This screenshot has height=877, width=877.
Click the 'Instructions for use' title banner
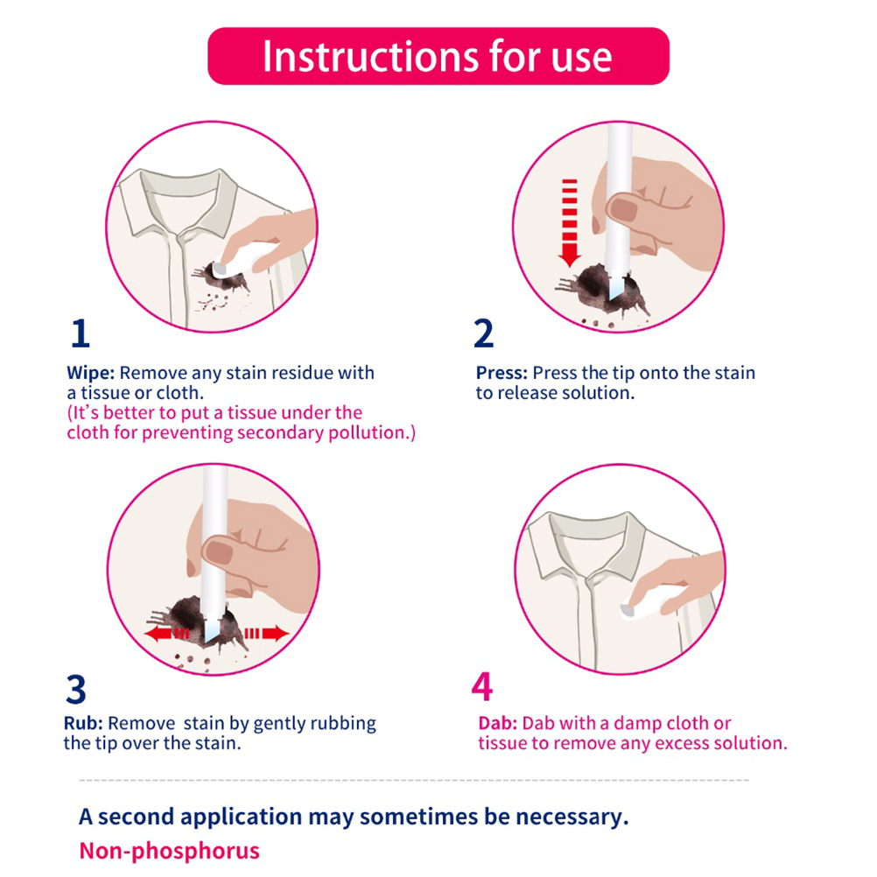(x=438, y=56)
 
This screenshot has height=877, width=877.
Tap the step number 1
(x=81, y=333)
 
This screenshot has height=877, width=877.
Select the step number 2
(x=484, y=333)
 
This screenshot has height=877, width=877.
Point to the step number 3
(x=76, y=689)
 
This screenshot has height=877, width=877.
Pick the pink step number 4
(x=482, y=686)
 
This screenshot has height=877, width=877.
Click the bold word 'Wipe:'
(x=91, y=373)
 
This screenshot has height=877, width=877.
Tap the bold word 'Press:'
(x=502, y=373)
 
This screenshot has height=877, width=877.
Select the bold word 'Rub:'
(x=83, y=723)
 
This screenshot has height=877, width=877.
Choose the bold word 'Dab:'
(x=498, y=723)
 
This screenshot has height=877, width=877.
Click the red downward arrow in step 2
(x=570, y=222)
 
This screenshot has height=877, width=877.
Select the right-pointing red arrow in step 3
(x=267, y=634)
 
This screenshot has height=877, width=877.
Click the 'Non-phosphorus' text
(x=170, y=851)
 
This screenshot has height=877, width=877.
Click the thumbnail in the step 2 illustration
(x=623, y=210)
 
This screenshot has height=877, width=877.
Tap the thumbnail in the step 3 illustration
(x=218, y=552)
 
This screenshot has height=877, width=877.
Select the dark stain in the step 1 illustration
(x=224, y=278)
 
